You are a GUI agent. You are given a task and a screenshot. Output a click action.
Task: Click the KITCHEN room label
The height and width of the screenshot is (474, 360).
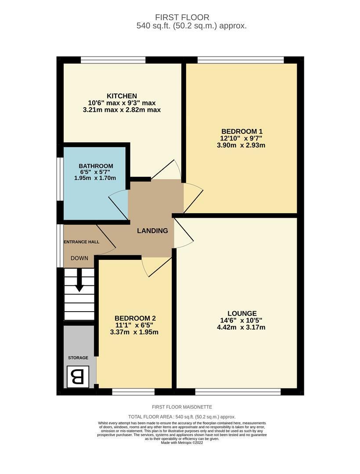pos(122,96)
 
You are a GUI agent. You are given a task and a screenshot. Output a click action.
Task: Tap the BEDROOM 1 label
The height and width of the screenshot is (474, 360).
pos(242,132)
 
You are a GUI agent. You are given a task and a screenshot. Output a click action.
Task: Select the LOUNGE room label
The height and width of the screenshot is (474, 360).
pos(242,313)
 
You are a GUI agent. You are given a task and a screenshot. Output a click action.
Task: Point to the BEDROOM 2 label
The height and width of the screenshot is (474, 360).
pos(135,318)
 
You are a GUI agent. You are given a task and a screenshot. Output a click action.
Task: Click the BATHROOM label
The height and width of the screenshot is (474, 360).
pos(96,166)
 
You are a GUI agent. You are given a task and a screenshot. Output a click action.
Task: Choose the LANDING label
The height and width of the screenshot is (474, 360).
pos(152,231)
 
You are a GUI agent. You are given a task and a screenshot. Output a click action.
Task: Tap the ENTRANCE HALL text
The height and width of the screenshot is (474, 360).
pos(81,242)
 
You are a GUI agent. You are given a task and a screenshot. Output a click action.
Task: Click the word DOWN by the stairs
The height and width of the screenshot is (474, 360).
pos(79,258)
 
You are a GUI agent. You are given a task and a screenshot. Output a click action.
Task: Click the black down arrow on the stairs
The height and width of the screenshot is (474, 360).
pos(79,280)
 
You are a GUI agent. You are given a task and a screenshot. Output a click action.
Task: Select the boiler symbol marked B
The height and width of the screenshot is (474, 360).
pos(78,377)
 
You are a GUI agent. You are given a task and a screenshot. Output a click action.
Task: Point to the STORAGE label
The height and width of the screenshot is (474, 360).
pos(78,358)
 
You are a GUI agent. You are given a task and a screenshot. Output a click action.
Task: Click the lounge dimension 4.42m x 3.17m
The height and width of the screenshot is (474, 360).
pos(241,327)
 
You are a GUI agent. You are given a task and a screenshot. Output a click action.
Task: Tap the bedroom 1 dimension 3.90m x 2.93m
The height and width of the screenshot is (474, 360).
pos(241,145)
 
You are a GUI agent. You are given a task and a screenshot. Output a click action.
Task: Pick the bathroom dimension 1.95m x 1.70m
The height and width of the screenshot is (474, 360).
pos(95,178)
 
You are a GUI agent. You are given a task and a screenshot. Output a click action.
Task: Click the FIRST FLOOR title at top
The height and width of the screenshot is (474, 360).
pos(182,17)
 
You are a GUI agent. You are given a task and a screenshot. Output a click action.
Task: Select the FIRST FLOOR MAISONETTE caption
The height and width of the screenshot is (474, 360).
pos(182,407)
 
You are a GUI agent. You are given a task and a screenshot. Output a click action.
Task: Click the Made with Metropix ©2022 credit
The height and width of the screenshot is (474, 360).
pos(182,443)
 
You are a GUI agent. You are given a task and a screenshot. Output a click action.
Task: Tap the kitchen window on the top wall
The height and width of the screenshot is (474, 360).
pos(113,60)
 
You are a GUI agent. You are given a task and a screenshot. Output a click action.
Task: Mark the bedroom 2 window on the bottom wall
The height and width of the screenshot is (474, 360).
pos(133,392)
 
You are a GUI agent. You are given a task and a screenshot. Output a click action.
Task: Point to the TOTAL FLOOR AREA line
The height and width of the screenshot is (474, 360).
pos(182,417)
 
